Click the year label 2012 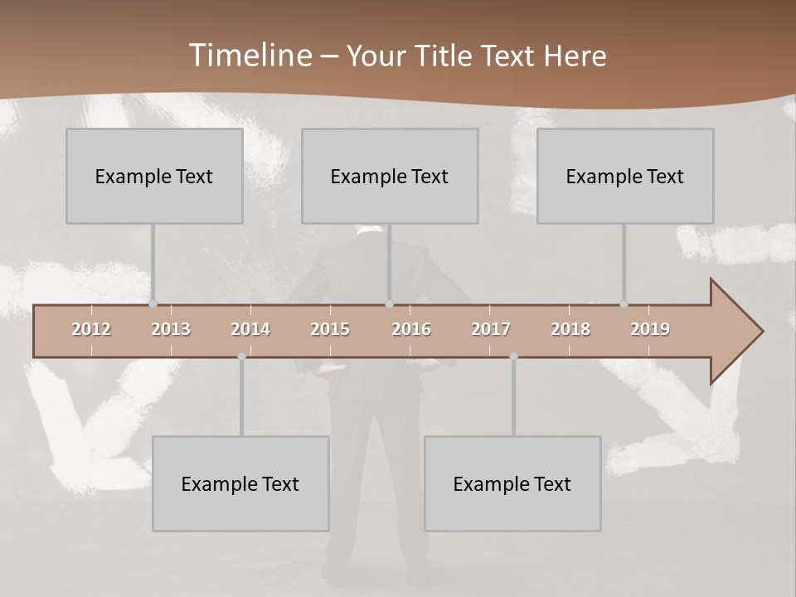point(91,329)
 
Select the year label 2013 point(171,329)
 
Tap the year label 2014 point(250,329)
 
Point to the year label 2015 point(330,329)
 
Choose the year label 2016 point(411,329)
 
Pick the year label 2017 point(491,329)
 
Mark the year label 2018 point(570,329)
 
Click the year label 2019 point(650,329)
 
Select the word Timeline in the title point(250,56)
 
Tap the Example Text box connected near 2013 point(154,176)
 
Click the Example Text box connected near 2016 point(390,176)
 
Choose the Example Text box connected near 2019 point(625,176)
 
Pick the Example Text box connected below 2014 point(240,483)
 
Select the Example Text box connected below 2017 point(512,483)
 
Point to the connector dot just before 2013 point(153,304)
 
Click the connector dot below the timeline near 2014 point(241,357)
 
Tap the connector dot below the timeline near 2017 point(513,357)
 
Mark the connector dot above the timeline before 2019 point(624,304)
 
